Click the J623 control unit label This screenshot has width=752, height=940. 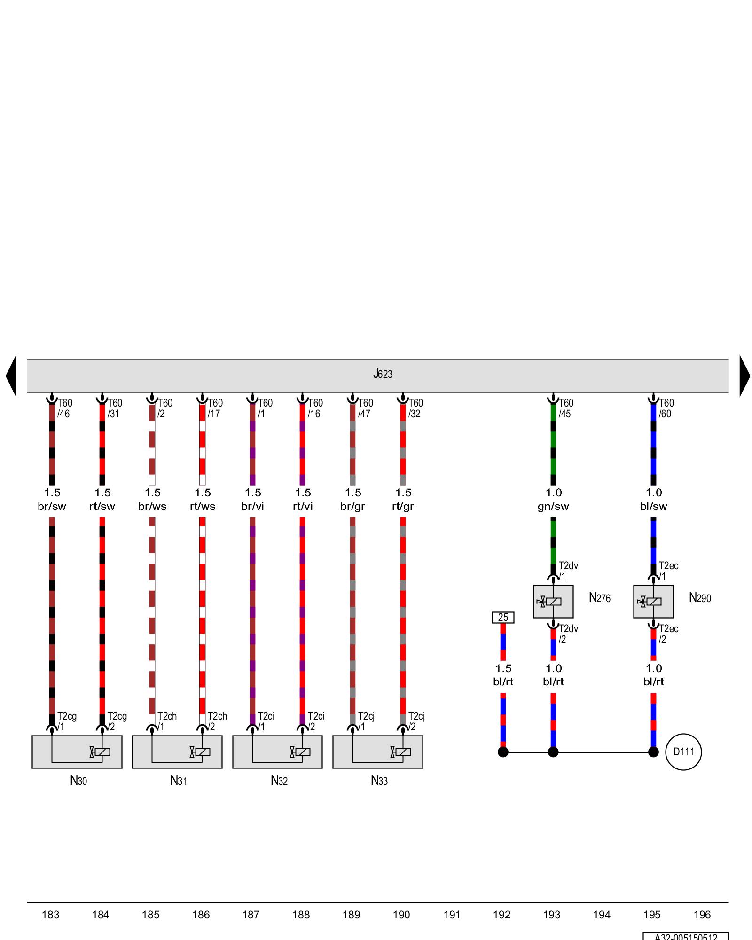(x=383, y=374)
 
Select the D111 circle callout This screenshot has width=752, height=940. (x=683, y=752)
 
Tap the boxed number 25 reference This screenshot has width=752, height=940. (x=503, y=618)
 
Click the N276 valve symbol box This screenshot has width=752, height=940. (x=553, y=602)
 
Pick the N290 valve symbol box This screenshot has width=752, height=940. (x=653, y=602)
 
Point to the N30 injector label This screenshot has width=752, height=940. (x=78, y=781)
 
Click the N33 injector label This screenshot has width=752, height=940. (x=379, y=781)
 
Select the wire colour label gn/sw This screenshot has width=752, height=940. (x=553, y=507)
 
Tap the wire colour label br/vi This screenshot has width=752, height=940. (x=252, y=507)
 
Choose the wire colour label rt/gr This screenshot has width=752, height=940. (x=403, y=507)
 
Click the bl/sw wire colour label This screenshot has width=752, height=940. (x=653, y=507)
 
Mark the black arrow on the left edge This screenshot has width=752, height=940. (x=12, y=376)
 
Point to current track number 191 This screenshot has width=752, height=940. (x=452, y=915)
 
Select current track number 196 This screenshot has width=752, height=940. (x=702, y=915)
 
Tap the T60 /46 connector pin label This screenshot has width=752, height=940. (x=64, y=408)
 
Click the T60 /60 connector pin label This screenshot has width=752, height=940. (x=666, y=408)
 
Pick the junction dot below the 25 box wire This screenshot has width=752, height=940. (x=503, y=752)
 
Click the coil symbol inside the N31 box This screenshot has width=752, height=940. (x=203, y=752)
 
